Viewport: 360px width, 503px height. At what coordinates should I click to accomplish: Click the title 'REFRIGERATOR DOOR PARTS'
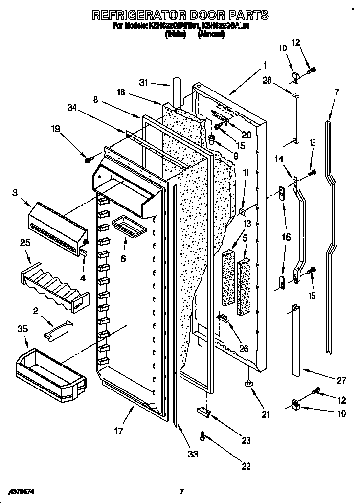(x=180, y=15)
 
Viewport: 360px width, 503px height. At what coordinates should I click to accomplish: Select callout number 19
(x=56, y=129)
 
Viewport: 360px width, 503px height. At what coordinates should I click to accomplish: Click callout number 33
(x=193, y=454)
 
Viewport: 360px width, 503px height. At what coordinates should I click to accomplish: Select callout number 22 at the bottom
(x=248, y=465)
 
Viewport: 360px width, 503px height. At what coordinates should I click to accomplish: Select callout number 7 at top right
(x=336, y=91)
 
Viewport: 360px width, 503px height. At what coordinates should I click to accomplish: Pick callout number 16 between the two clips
(x=286, y=237)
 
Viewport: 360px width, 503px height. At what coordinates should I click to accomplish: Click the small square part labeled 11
(x=242, y=211)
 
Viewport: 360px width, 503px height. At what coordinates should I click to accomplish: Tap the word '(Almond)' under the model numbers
(x=210, y=34)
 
